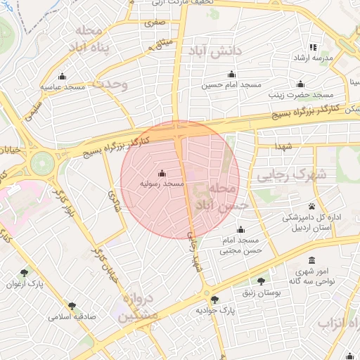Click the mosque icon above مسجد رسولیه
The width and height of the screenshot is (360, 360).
point(162,173)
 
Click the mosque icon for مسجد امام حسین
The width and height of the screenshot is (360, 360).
point(231,75)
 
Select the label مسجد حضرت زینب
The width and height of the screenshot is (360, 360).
point(304,94)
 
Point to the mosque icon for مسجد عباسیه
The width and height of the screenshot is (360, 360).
point(62,77)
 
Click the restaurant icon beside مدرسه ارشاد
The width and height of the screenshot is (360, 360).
point(313,47)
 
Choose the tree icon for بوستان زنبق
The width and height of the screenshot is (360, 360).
point(262,281)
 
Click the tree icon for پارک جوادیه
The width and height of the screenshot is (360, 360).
point(214,300)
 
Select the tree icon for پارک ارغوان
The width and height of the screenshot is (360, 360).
point(25,274)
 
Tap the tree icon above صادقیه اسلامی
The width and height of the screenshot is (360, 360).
point(72,306)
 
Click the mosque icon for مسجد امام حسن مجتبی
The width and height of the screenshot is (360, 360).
point(241,229)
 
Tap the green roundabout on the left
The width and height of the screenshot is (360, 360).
point(41,163)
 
